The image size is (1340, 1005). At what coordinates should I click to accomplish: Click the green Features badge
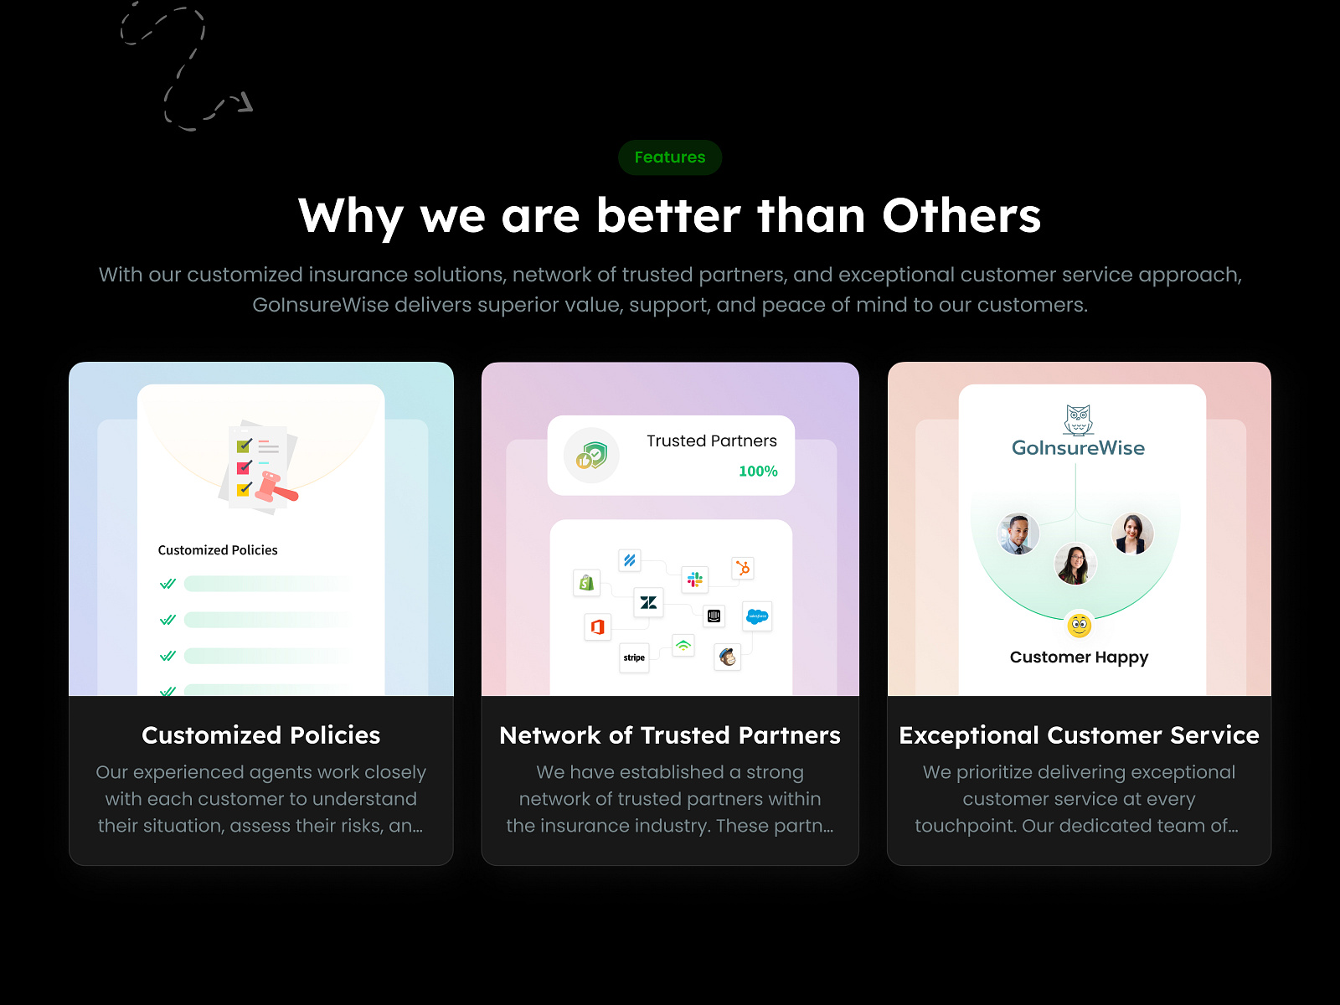click(x=670, y=157)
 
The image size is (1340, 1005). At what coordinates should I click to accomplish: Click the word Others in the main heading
click(x=961, y=216)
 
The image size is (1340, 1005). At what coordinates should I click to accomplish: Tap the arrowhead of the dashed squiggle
click(x=245, y=102)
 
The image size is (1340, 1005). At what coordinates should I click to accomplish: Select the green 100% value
click(x=758, y=471)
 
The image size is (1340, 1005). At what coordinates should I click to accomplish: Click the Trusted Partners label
click(x=712, y=441)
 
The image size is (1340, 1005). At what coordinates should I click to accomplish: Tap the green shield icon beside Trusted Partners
click(x=591, y=456)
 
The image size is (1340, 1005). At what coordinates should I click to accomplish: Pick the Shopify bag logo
click(x=587, y=583)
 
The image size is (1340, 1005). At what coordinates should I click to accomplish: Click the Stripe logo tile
click(x=634, y=657)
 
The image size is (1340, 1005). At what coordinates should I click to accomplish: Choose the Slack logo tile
click(x=695, y=579)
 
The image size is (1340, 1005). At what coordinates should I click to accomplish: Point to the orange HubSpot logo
click(x=743, y=568)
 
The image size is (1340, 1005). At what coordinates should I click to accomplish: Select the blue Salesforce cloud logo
click(x=758, y=616)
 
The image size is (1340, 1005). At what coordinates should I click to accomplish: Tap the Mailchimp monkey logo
click(x=727, y=657)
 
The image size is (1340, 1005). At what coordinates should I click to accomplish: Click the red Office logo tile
click(x=598, y=626)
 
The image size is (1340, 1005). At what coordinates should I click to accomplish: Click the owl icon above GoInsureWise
click(x=1078, y=420)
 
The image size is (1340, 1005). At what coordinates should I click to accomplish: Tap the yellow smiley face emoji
click(x=1079, y=625)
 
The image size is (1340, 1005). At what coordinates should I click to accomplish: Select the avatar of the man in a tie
click(x=1018, y=533)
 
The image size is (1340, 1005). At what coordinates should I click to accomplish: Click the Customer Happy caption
click(x=1079, y=657)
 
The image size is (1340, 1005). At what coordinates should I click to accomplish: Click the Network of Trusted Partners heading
click(x=670, y=735)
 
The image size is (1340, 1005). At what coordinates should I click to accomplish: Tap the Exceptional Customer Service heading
click(x=1079, y=735)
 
